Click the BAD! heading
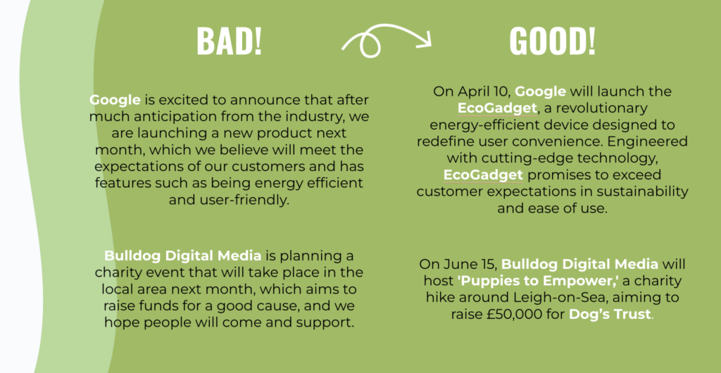point(229,42)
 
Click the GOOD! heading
point(552,42)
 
